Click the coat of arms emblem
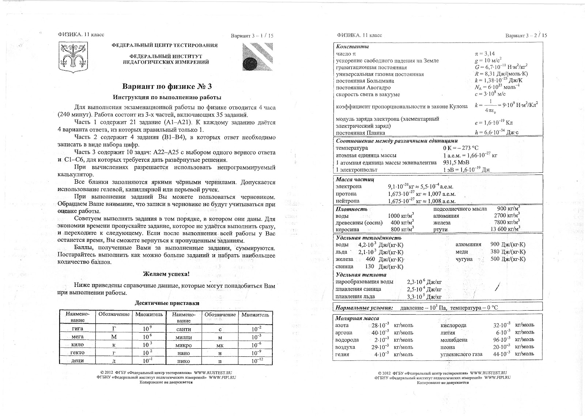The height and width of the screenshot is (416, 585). coord(73,57)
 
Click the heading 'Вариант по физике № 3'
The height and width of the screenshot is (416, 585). coord(167,87)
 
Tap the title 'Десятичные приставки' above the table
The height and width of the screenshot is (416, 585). coord(167,303)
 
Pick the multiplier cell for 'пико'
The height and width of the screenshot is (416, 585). coord(256,360)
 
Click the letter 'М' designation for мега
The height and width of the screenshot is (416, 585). coord(114,337)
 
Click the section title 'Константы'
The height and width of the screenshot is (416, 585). coord(352,47)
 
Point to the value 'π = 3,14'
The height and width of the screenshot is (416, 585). coord(484,54)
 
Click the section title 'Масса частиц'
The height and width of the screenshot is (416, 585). coord(355,180)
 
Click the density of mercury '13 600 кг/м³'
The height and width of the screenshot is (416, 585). coord(505,229)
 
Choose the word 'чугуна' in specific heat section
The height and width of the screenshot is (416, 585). coord(464,259)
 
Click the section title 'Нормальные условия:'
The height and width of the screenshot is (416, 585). coord(364,308)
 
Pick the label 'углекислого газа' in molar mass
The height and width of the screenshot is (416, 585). coord(461,354)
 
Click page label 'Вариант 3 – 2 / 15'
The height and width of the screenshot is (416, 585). coord(526,35)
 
